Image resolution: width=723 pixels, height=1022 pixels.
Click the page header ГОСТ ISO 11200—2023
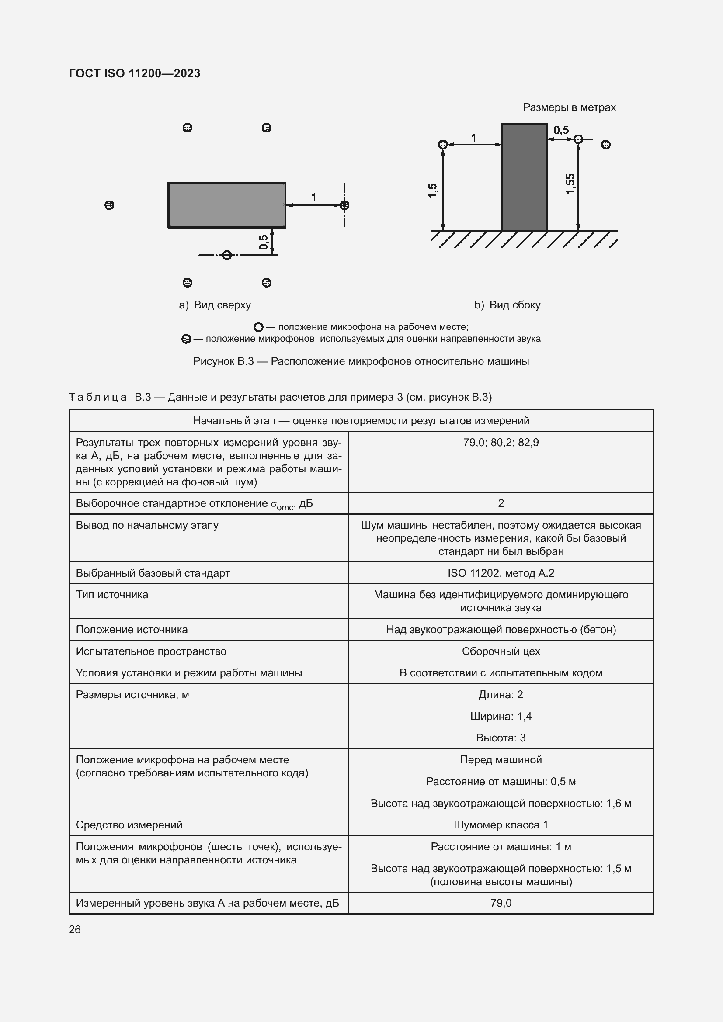(x=135, y=73)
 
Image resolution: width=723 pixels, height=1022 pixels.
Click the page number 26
(x=75, y=929)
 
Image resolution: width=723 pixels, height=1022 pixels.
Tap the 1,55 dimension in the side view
(x=570, y=184)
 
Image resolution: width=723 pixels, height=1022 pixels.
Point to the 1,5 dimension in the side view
(x=432, y=191)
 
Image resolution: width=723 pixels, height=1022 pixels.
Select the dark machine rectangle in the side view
(x=524, y=177)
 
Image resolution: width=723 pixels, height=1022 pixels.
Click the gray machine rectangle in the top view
(x=226, y=205)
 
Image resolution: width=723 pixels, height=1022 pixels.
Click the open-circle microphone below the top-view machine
(x=227, y=255)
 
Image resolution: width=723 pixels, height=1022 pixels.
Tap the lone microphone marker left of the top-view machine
(x=109, y=205)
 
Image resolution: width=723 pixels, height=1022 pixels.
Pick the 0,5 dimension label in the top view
(x=264, y=242)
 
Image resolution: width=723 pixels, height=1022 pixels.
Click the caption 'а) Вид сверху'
(x=215, y=305)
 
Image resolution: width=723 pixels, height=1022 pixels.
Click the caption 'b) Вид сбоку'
(x=507, y=305)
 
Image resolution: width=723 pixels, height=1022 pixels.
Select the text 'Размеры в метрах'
(x=569, y=107)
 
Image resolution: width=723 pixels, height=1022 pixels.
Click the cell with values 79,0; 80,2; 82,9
(x=501, y=443)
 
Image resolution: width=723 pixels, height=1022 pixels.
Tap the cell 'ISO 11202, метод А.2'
(x=501, y=573)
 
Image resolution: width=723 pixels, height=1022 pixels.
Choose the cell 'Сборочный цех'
(x=501, y=651)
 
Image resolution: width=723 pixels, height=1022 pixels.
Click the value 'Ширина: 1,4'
(x=501, y=716)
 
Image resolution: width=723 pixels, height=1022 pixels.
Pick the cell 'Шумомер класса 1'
(x=501, y=825)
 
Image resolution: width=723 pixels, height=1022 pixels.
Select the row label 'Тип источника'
(x=112, y=595)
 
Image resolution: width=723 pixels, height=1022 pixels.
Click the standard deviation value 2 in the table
(x=501, y=503)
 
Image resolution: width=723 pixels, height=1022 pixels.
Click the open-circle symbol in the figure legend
(x=258, y=327)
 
